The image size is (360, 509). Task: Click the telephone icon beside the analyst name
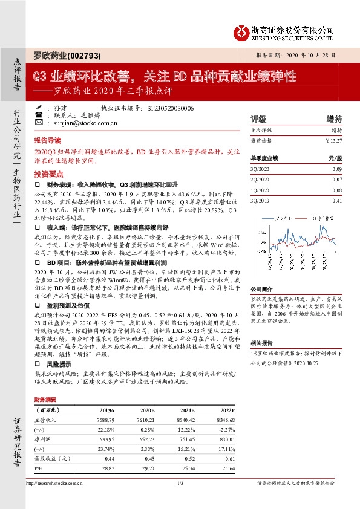[40, 108]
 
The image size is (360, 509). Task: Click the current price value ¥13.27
[334, 140]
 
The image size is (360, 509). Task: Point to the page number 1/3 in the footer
[180, 482]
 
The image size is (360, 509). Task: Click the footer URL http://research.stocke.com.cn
[55, 482]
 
